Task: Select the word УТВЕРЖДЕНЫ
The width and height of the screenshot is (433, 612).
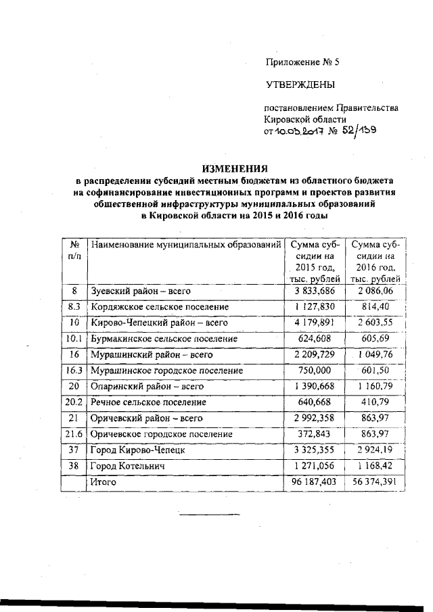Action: tap(299, 85)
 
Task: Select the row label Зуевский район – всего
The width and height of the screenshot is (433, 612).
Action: tap(141, 291)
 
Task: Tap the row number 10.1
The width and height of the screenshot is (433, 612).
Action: tap(74, 338)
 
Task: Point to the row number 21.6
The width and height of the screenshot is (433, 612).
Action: tap(74, 434)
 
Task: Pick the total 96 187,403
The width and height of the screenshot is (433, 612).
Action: tap(312, 482)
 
